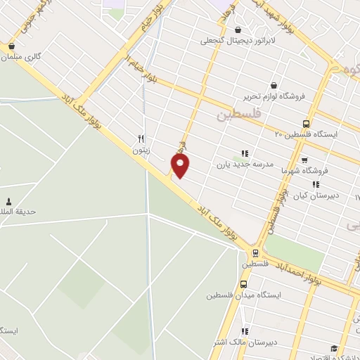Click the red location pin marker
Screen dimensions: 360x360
click(181, 165)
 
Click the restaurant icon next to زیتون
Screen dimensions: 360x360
click(141, 139)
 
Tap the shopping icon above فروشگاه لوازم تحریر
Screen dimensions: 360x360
click(273, 84)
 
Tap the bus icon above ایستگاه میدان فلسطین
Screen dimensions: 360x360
click(243, 284)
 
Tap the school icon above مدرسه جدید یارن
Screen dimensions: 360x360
click(245, 153)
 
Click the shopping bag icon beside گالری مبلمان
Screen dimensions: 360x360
click(11, 48)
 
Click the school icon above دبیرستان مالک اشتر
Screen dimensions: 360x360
click(245, 331)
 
